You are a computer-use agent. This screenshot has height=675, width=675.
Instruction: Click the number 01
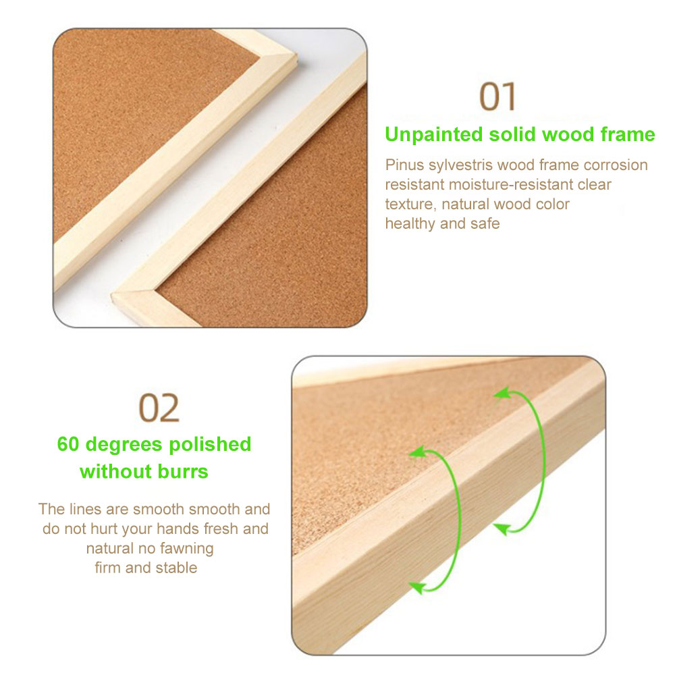point(497,97)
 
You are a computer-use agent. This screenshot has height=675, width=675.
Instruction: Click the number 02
point(159,408)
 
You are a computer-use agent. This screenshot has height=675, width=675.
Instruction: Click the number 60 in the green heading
point(68,444)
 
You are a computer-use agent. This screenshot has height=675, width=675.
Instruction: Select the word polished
point(210,445)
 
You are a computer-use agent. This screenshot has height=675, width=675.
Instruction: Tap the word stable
point(176,568)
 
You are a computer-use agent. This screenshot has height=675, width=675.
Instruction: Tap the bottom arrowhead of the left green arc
point(417,588)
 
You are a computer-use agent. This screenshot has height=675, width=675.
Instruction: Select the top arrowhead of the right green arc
point(502,393)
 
